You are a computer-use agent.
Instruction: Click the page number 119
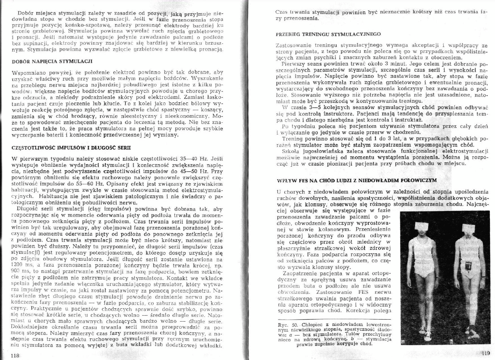(x=485, y=353)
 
